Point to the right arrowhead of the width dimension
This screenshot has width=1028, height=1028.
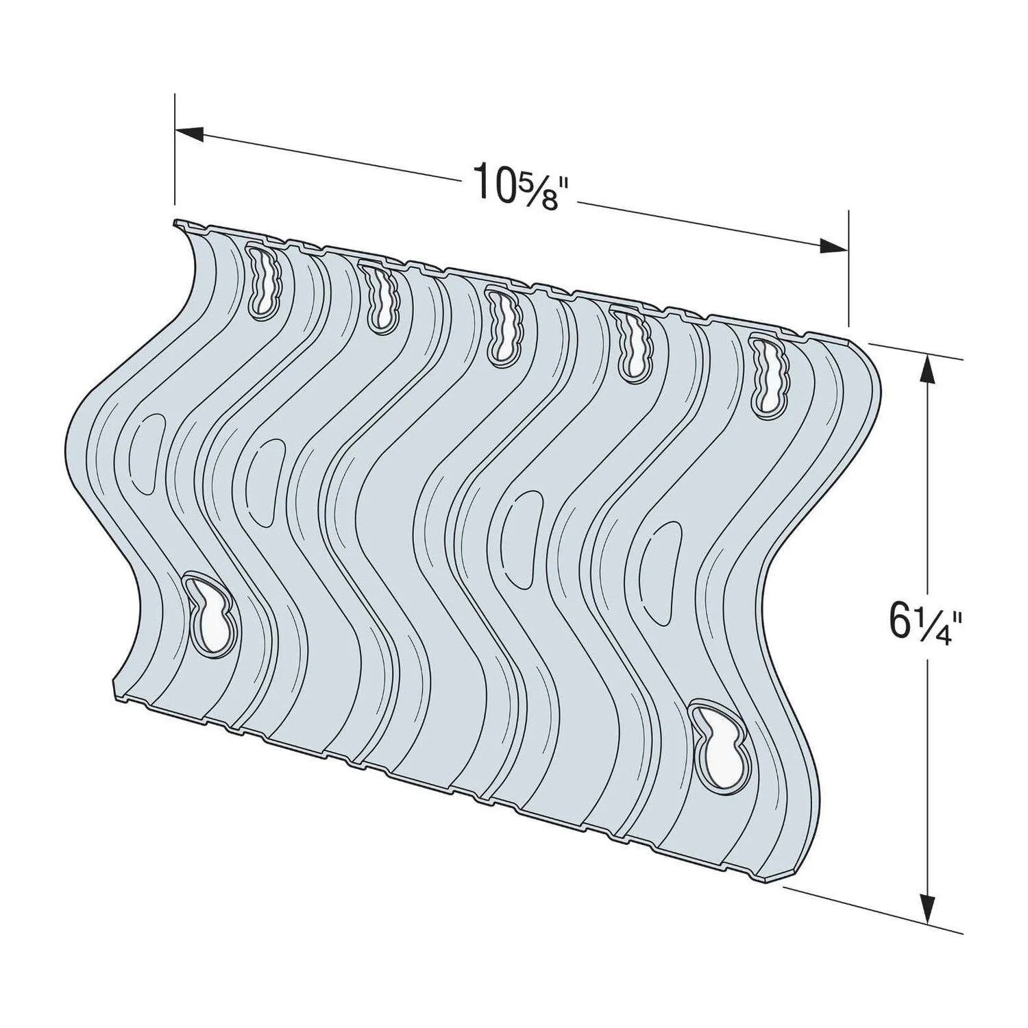point(833,245)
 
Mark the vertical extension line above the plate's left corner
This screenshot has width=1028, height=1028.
point(175,151)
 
